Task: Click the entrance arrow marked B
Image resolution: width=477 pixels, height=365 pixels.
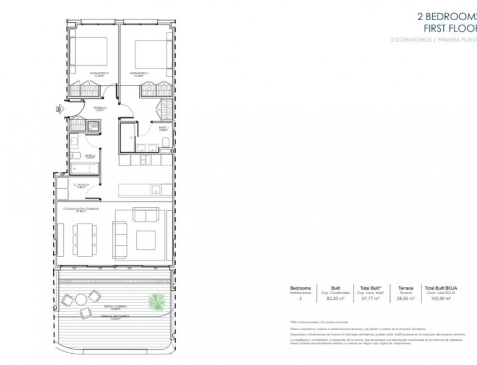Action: point(58,109)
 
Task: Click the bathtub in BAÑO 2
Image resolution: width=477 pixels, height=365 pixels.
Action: point(84,168)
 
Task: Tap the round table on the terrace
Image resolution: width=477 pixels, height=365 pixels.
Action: point(82,299)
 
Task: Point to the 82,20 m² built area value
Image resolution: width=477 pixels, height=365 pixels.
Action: point(336,299)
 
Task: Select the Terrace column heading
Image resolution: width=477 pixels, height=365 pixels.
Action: point(405,288)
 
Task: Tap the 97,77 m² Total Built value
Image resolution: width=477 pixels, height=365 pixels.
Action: point(370,299)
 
